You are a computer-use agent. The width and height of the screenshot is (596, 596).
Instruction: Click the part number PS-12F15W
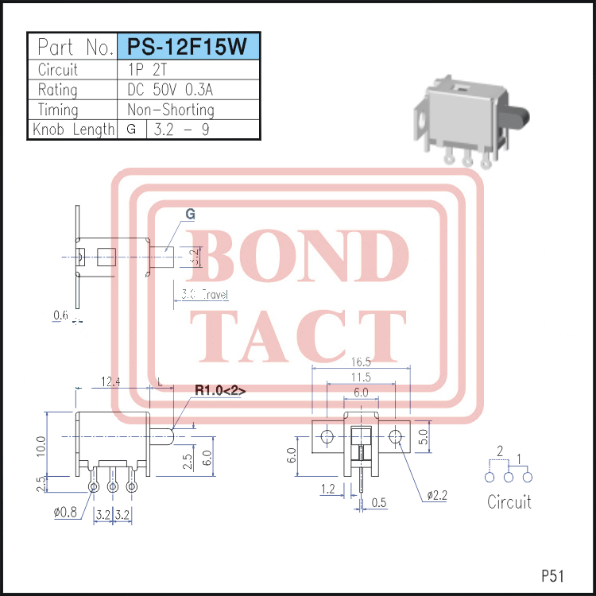(x=188, y=46)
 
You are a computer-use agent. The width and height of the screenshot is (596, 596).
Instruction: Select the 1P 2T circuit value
(x=148, y=69)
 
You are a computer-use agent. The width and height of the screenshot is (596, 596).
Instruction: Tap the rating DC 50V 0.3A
(x=170, y=89)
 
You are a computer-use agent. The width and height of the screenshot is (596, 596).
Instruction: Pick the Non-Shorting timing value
(x=170, y=110)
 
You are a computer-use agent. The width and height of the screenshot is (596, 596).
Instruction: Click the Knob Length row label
(x=72, y=130)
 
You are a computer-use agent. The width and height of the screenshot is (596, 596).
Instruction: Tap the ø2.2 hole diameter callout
(x=438, y=495)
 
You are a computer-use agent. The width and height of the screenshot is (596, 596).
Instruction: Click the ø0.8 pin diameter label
(x=67, y=513)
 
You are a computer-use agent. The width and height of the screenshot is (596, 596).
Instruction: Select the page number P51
(x=553, y=575)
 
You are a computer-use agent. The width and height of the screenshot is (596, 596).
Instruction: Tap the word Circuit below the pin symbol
(x=509, y=501)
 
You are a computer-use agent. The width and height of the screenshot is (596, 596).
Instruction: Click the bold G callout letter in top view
(x=190, y=215)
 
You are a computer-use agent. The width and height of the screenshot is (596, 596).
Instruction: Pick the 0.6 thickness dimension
(x=60, y=315)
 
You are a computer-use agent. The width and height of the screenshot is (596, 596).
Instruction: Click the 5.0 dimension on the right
(x=424, y=435)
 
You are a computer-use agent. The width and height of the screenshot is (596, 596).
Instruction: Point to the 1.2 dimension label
(x=328, y=490)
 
